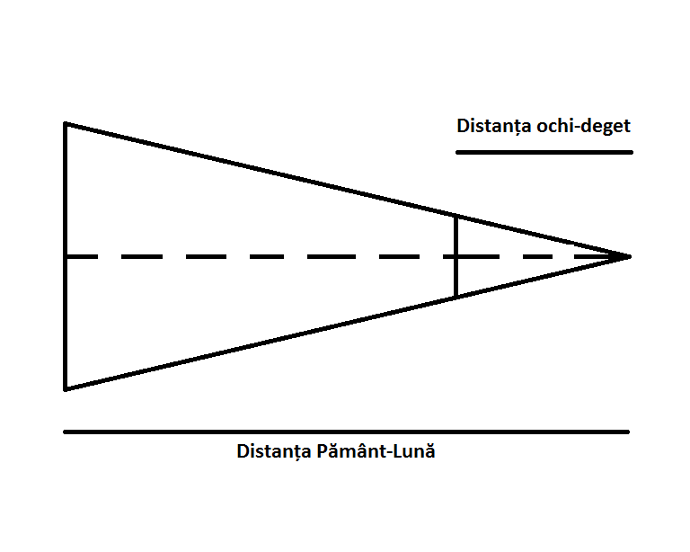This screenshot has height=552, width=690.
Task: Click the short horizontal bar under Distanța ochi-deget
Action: tap(544, 152)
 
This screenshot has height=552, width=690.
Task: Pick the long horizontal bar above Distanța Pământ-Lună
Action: tap(346, 432)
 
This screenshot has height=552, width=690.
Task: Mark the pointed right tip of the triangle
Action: tap(629, 256)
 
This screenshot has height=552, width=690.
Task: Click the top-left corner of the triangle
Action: tap(66, 123)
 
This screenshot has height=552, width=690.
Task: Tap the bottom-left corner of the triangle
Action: tap(66, 389)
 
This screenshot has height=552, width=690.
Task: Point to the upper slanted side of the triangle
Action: tap(270, 171)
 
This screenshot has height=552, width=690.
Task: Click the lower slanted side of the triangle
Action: tap(270, 342)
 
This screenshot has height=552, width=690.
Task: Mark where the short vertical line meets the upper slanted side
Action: tap(456, 216)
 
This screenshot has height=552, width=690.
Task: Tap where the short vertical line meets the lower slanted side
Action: tap(456, 297)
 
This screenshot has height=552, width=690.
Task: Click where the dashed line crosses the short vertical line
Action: tap(456, 256)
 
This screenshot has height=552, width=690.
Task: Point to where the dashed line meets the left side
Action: tap(66, 256)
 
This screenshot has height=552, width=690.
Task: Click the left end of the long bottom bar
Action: tap(66, 432)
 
